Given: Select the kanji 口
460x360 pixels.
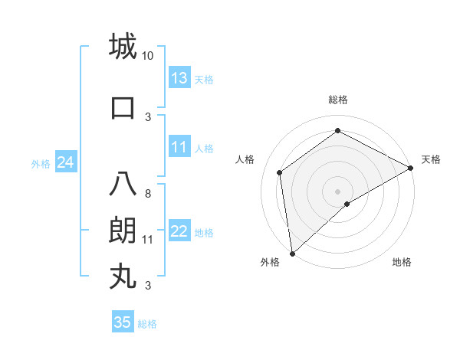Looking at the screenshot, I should click(122, 107).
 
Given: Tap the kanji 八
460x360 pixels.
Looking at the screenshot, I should click(122, 185).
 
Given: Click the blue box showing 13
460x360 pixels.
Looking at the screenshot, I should click(179, 78).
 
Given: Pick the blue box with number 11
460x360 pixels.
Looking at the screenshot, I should click(179, 147).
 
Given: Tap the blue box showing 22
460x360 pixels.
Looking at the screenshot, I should click(179, 231).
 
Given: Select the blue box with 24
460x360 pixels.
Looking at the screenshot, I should click(65, 162).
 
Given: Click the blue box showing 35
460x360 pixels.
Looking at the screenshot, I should click(123, 322).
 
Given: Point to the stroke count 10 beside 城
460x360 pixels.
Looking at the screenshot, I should click(148, 56).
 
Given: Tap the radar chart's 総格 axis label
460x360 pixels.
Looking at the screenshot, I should click(337, 100).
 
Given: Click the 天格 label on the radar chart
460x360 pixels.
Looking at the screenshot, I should click(431, 159).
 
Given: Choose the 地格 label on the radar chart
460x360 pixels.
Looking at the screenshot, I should click(402, 262).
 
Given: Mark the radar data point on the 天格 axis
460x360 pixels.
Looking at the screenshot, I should click(411, 167).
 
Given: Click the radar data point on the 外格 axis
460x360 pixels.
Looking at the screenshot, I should click(292, 253).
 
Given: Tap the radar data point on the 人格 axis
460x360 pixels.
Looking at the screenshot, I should click(280, 172).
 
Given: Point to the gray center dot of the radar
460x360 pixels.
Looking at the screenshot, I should click(337, 191).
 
